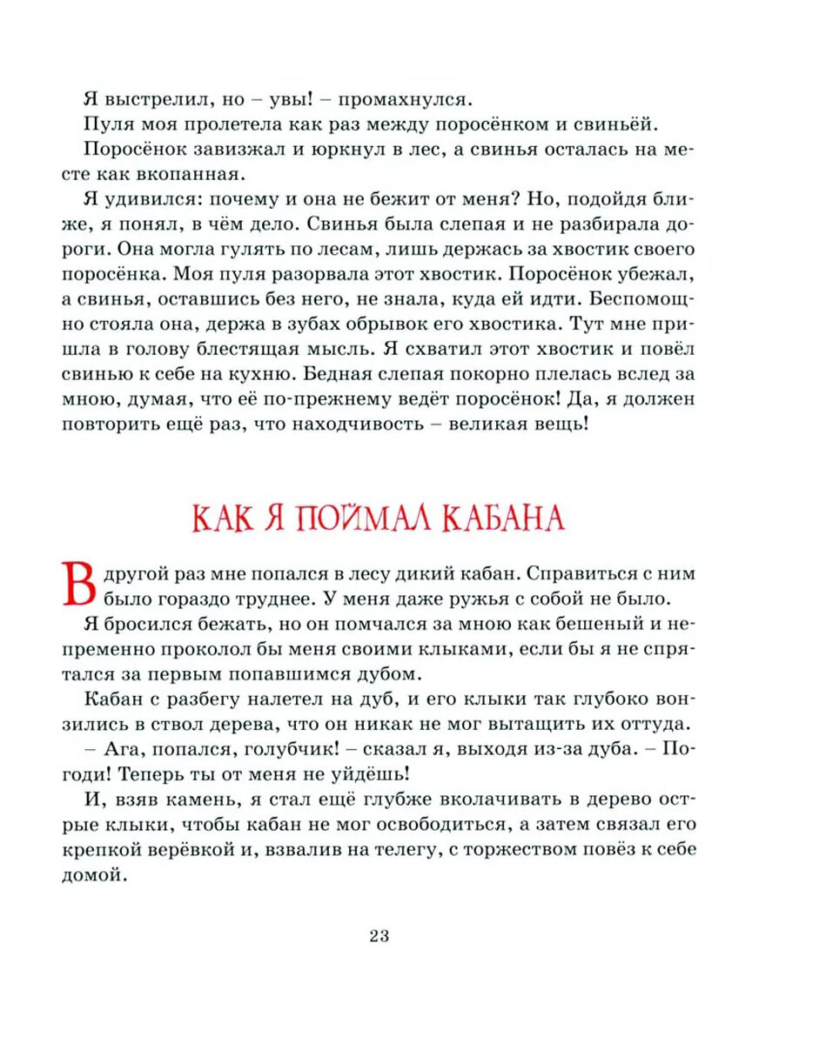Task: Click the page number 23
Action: tap(379, 936)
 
